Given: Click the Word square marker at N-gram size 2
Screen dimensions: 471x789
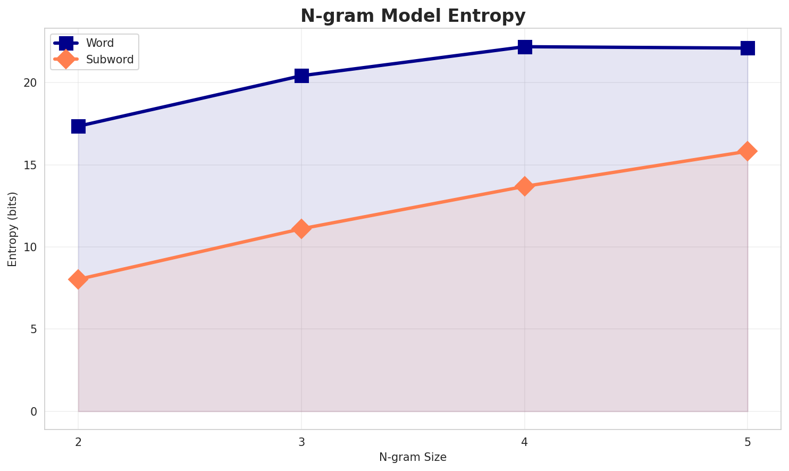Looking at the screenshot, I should pyautogui.click(x=78, y=126).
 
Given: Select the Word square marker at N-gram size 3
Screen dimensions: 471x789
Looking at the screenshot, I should pyautogui.click(x=301, y=76).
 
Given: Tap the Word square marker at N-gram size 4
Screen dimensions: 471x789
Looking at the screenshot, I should pyautogui.click(x=525, y=47).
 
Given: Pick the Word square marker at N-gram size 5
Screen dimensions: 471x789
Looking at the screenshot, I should pyautogui.click(x=748, y=48).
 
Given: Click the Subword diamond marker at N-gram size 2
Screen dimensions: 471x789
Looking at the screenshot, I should pyautogui.click(x=78, y=279).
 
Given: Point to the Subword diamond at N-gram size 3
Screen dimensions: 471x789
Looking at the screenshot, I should pyautogui.click(x=301, y=229).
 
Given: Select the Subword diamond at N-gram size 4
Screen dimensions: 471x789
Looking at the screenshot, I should pyautogui.click(x=525, y=186).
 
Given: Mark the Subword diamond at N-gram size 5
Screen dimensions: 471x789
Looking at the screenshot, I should pyautogui.click(x=748, y=151).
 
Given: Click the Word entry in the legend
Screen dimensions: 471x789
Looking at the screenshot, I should pyautogui.click(x=100, y=43).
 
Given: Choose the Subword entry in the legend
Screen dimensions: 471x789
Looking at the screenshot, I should pyautogui.click(x=111, y=60).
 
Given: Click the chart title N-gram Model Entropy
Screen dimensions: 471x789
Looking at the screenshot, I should pyautogui.click(x=413, y=16).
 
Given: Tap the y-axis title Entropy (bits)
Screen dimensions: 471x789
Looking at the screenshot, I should pyautogui.click(x=12, y=229).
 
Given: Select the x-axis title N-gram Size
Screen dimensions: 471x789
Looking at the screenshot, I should pyautogui.click(x=413, y=457).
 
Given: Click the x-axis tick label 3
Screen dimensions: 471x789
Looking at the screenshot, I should pyautogui.click(x=301, y=442).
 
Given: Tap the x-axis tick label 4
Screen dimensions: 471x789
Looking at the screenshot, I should pyautogui.click(x=525, y=442).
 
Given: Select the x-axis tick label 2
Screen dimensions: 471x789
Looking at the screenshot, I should pyautogui.click(x=78, y=442).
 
